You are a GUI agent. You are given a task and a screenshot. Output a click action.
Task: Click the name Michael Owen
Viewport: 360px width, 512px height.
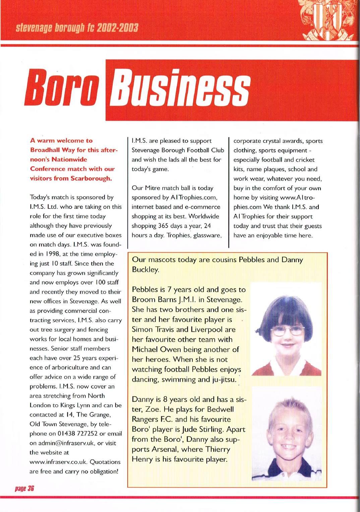tap(158, 349)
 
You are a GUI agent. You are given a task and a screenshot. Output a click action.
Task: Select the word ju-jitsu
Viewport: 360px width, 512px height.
tap(223, 380)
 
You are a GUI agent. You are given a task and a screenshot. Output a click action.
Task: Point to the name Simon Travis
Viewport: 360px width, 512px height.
tap(151, 329)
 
